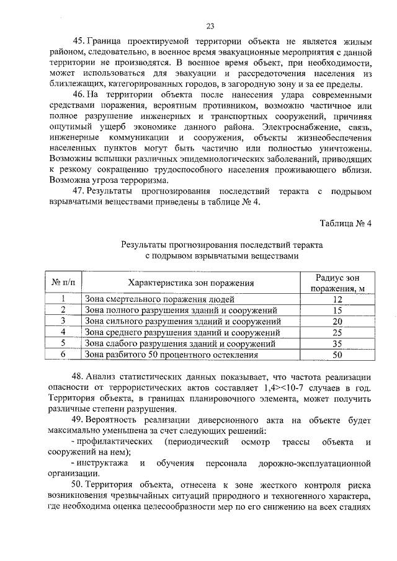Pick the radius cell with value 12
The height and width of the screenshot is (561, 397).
337,299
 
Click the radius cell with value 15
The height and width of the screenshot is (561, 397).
337,311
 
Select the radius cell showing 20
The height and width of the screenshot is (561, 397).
337,322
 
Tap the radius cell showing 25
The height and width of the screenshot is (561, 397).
337,333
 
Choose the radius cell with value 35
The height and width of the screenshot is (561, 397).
337,343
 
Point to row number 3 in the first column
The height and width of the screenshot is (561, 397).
63,322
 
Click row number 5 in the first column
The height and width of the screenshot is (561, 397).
63,343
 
